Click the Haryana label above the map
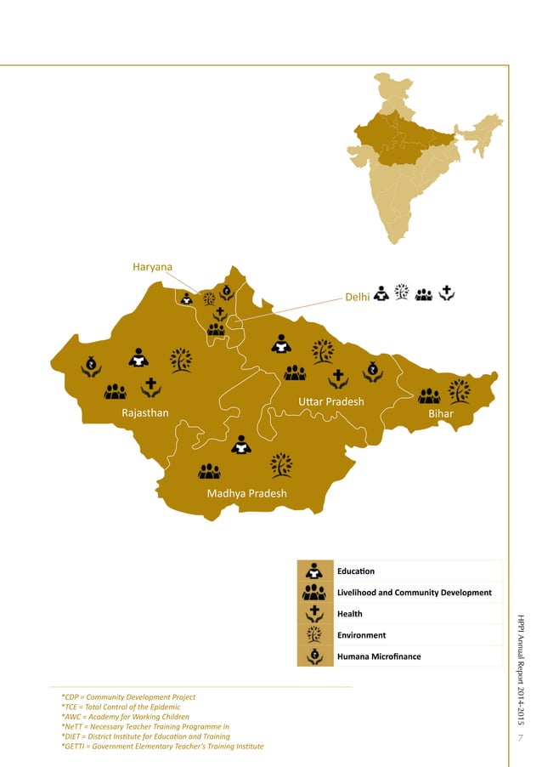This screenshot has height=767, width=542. click(152, 267)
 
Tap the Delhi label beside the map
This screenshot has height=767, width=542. click(357, 298)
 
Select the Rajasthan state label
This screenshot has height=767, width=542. click(145, 413)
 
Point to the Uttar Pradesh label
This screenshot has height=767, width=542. click(330, 401)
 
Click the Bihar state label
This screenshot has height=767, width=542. click(441, 413)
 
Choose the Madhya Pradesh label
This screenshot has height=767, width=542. click(246, 493)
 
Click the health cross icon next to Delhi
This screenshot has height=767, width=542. click(448, 293)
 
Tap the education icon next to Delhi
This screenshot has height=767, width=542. click(381, 293)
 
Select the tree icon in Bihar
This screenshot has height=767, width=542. click(460, 390)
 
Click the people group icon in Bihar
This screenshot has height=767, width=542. click(429, 395)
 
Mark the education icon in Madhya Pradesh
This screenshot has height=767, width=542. click(242, 444)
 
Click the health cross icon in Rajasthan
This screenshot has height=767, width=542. click(151, 387)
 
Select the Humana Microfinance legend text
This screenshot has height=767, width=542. click(379, 656)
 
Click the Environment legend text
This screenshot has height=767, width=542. click(361, 635)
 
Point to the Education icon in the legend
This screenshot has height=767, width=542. click(314, 571)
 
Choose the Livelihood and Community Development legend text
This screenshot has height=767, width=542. click(414, 592)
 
